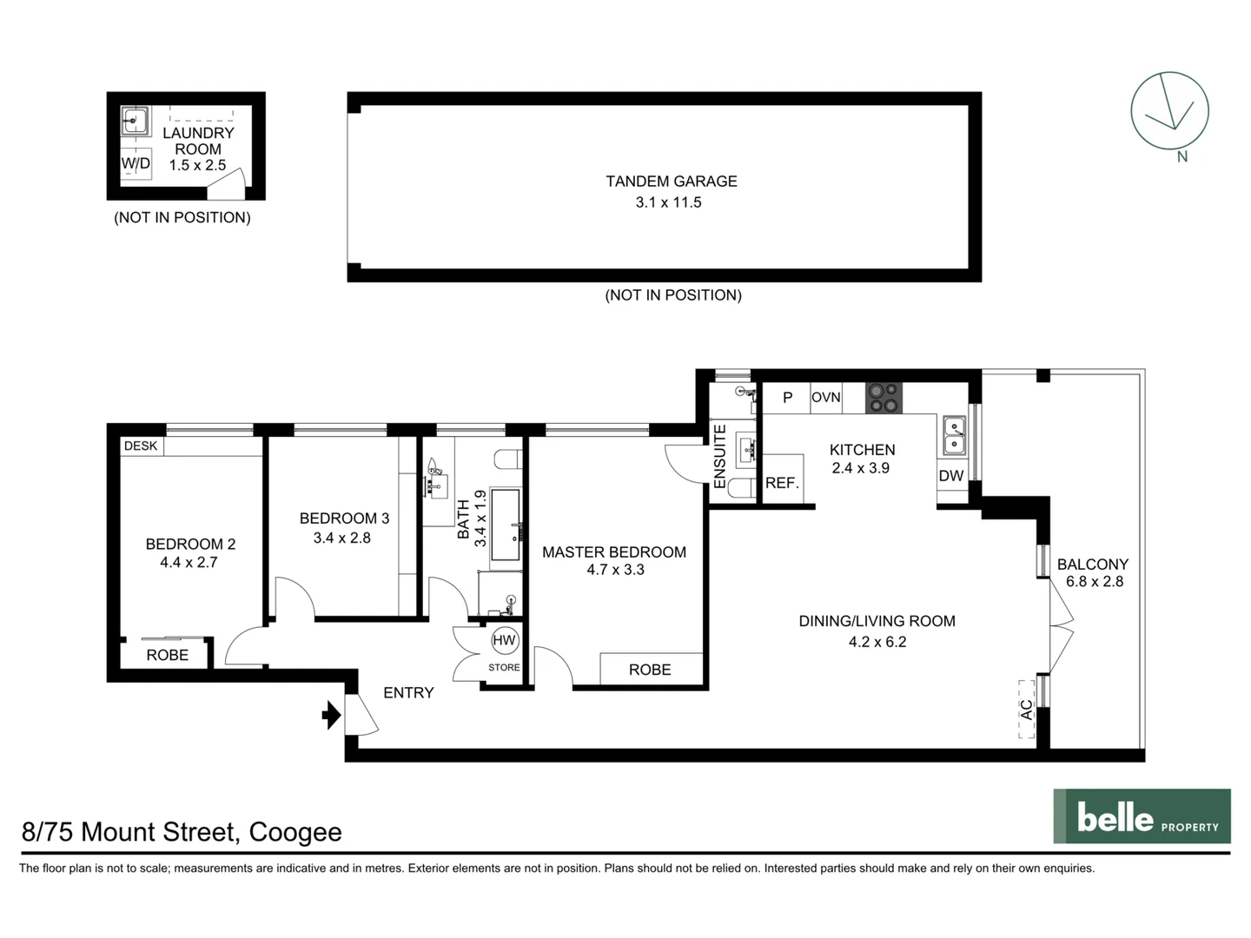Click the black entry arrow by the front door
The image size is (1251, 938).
tap(331, 715)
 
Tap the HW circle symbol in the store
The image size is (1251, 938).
tap(504, 641)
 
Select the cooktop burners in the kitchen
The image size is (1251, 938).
tap(884, 398)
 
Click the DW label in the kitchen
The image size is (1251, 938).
tap(951, 475)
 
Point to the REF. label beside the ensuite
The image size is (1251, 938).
tap(782, 483)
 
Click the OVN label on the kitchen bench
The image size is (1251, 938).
tap(825, 397)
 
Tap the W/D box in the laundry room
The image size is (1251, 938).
tap(136, 163)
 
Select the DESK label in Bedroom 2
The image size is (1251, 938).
tap(141, 446)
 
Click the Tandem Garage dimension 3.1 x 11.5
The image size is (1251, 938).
tap(668, 202)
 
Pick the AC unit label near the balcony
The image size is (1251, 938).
tap(1027, 709)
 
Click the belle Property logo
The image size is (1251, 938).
tap(1142, 816)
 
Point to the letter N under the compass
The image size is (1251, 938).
tap(1181, 157)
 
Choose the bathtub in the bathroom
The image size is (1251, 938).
tap(505, 525)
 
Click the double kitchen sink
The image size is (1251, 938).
tap(954, 435)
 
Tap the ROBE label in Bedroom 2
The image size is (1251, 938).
tap(167, 655)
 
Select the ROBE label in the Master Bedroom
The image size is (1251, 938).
tap(650, 670)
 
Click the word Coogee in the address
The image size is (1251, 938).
tap(295, 832)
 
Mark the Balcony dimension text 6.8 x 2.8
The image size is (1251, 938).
tap(1095, 582)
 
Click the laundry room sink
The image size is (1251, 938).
tap(135, 122)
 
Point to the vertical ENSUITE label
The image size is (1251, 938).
tap(719, 456)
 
